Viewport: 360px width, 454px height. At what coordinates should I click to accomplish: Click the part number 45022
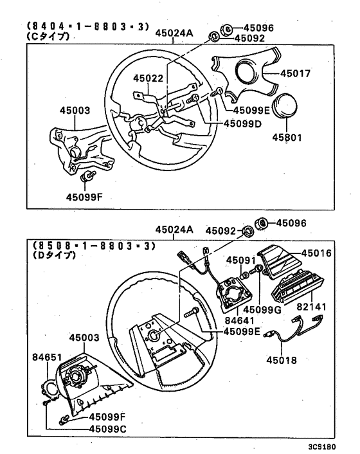(149, 78)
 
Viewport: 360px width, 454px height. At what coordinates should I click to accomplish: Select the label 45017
(296, 74)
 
